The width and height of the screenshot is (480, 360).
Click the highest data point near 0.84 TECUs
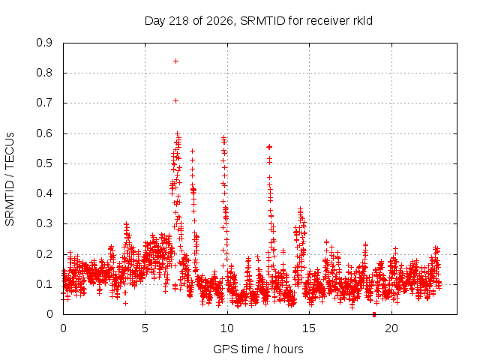pyautogui.click(x=175, y=61)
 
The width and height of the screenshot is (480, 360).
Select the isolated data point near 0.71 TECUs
pyautogui.click(x=175, y=101)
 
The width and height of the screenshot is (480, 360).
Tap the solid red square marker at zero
pyautogui.click(x=374, y=315)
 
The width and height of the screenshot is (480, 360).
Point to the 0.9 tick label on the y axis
pyautogui.click(x=44, y=43)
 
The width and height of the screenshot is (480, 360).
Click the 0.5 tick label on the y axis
pyautogui.click(x=44, y=163)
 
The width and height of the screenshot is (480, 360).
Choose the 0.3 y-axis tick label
pyautogui.click(x=44, y=224)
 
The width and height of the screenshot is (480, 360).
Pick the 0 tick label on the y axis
pyautogui.click(x=49, y=314)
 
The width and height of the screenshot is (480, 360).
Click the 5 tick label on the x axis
pyautogui.click(x=145, y=328)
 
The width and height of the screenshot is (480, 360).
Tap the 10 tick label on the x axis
pyautogui.click(x=227, y=328)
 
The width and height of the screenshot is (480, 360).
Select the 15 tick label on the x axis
pyautogui.click(x=309, y=328)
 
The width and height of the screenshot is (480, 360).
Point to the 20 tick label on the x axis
pyautogui.click(x=391, y=328)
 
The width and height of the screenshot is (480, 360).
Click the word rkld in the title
pyautogui.click(x=362, y=21)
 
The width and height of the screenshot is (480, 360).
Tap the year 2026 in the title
pyautogui.click(x=220, y=21)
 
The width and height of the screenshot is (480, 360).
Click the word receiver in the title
pyautogui.click(x=328, y=22)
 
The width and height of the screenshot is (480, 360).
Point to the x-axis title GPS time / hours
pyautogui.click(x=258, y=349)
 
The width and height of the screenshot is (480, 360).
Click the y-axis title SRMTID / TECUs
pyautogui.click(x=10, y=179)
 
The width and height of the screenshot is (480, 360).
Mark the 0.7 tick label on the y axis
pyautogui.click(x=44, y=103)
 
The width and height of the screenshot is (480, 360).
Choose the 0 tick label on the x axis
pyautogui.click(x=63, y=328)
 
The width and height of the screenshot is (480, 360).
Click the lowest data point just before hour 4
pyautogui.click(x=125, y=303)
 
